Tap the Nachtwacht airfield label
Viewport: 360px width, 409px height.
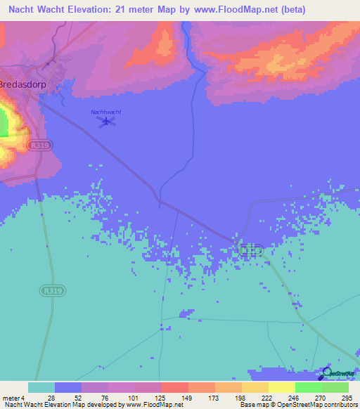(106, 112)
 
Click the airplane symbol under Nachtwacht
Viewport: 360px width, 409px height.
(107, 123)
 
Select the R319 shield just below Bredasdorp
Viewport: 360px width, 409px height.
(39, 144)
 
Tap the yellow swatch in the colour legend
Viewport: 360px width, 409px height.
(282, 387)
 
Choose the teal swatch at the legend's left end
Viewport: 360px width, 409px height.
(41, 387)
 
